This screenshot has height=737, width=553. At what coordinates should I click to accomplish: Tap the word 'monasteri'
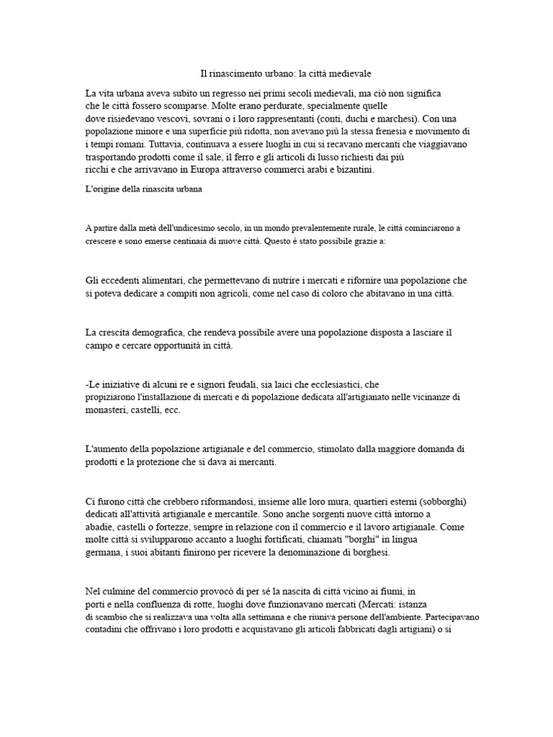pos(108,410)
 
